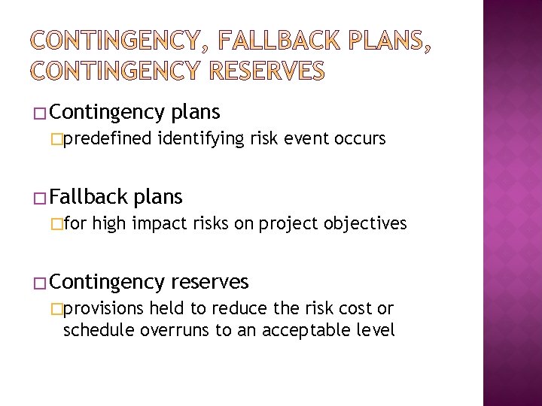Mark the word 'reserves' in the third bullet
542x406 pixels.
(209, 282)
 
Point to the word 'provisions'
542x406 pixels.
(104, 308)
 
